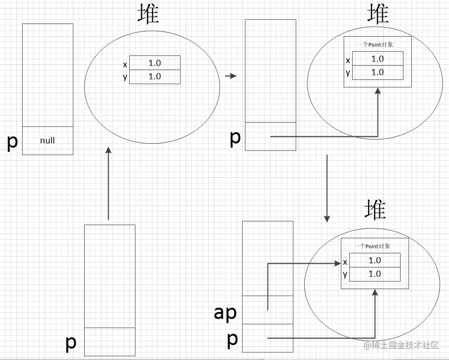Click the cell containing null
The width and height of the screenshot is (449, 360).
47,141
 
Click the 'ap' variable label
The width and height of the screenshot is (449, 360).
225,313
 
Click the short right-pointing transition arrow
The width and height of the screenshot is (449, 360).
230,76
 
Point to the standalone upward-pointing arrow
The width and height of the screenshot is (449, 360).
109,183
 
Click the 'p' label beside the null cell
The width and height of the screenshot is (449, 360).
13,141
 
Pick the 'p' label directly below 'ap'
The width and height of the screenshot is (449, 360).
232,339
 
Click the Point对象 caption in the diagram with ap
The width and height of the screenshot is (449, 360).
374,246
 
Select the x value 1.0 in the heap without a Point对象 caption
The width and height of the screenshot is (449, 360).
155,63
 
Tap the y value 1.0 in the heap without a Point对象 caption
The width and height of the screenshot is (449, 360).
155,77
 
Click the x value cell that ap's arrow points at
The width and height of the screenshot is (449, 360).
375,260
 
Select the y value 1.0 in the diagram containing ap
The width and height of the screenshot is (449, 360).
375,274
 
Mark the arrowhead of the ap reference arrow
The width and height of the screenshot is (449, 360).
338,263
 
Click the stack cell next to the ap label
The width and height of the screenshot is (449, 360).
267,310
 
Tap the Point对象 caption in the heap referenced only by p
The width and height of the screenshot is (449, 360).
378,45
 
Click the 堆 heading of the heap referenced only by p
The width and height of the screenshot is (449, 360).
378,14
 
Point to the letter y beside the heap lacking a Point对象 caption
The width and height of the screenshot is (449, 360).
125,77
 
